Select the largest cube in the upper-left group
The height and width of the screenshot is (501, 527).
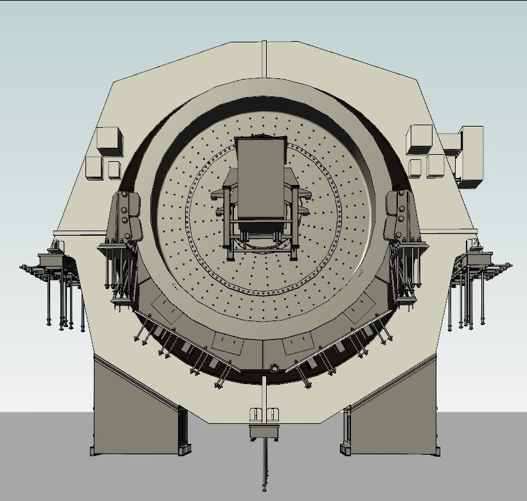point(109,141)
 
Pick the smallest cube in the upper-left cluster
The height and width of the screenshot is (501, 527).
point(114,169)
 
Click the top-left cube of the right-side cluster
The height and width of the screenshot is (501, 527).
point(420,139)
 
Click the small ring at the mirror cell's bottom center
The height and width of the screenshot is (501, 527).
point(274,369)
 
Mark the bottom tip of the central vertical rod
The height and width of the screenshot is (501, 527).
point(263,489)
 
